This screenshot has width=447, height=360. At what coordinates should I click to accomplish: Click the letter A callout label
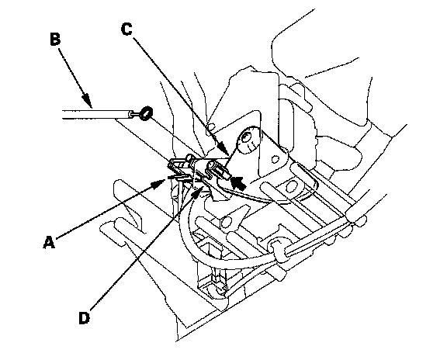(x=49, y=242)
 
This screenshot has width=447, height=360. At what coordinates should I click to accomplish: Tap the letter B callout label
(x=55, y=40)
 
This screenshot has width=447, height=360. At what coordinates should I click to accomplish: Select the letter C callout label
(x=126, y=29)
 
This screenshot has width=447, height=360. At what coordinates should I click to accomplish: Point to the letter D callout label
(x=84, y=318)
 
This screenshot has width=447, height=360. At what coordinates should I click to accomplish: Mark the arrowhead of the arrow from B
(x=86, y=101)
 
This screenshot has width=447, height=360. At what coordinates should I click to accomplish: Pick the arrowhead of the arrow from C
(x=223, y=150)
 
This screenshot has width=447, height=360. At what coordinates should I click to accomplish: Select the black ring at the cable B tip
(x=147, y=113)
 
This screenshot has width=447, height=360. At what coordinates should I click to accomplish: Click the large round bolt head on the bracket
(x=248, y=140)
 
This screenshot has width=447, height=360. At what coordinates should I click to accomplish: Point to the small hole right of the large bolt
(x=275, y=159)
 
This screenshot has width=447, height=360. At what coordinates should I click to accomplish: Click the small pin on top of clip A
(x=189, y=157)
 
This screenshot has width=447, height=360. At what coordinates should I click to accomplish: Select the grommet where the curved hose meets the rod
(x=278, y=250)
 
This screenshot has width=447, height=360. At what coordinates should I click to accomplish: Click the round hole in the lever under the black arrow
(x=227, y=221)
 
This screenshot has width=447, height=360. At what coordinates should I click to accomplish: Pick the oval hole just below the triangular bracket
(x=291, y=187)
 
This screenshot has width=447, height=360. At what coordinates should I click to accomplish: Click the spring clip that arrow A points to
(x=178, y=168)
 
